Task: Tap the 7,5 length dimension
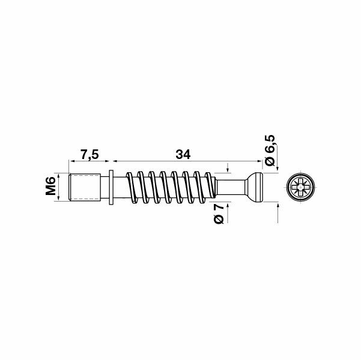click(89, 155)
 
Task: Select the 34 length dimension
click(183, 155)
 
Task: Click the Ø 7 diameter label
click(219, 214)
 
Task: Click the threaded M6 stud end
click(85, 188)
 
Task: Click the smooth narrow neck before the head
click(231, 188)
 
